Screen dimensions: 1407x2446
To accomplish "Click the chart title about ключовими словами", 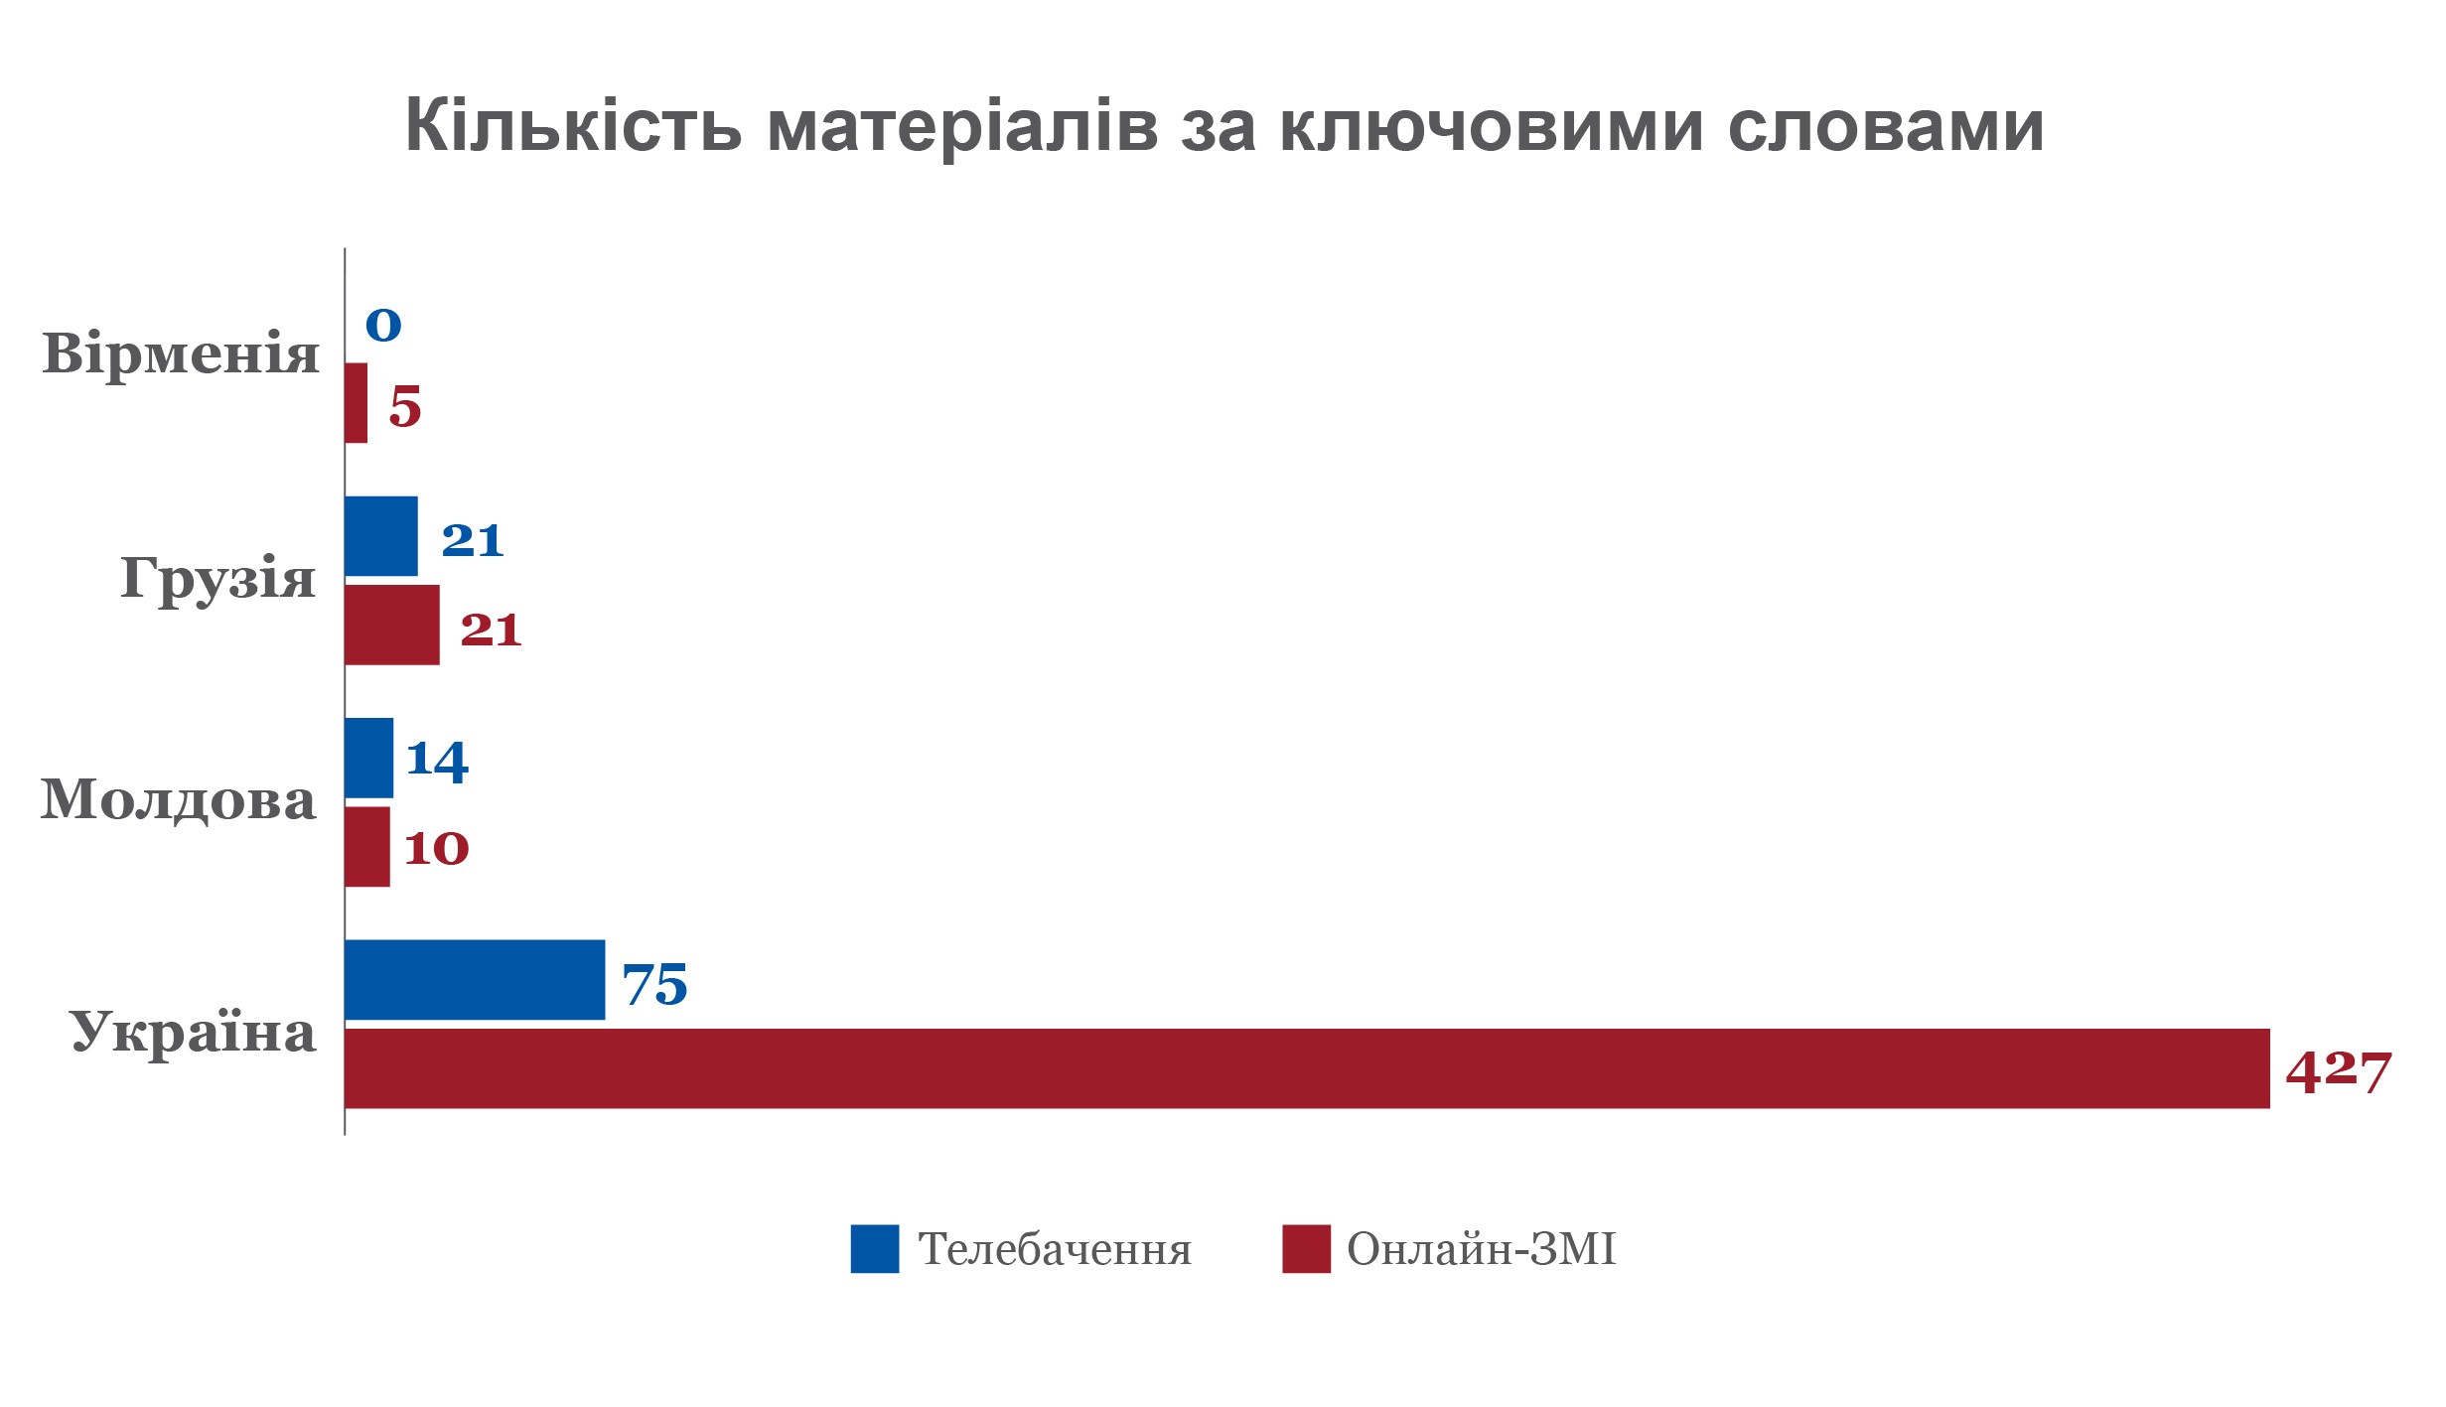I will click(1223, 127).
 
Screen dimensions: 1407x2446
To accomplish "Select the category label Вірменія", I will click(181, 353).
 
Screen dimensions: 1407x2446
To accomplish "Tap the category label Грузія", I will click(218, 578).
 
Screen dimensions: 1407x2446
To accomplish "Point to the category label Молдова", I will click(179, 799).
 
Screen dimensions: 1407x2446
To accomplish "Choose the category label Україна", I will click(194, 1033).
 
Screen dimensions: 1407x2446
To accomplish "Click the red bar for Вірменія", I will click(356, 403).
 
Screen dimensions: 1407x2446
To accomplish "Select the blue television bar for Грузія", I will click(381, 536).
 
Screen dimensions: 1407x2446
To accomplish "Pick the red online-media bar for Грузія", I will click(392, 625).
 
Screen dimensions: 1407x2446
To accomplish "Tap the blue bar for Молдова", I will click(368, 758).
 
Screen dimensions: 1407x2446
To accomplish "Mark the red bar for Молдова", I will click(367, 846).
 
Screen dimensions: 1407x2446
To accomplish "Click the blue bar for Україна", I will click(475, 980).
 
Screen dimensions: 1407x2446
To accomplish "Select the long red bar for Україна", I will click(1307, 1068).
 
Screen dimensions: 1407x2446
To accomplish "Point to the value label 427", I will click(2340, 1072).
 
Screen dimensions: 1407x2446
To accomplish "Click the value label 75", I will click(655, 985).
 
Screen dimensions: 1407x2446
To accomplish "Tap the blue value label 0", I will click(383, 325).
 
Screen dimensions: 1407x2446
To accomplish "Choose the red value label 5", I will click(405, 407).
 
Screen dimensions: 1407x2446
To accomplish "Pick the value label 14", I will click(437, 762).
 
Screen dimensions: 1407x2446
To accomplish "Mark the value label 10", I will click(437, 849).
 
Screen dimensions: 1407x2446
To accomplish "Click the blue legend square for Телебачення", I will click(875, 1249).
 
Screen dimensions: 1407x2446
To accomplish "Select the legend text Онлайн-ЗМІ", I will click(1482, 1249).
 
